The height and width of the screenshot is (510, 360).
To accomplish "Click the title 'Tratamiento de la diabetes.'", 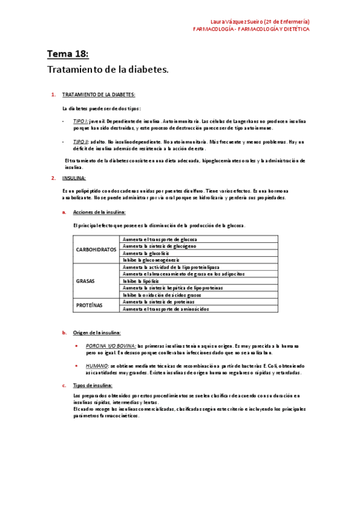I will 108,70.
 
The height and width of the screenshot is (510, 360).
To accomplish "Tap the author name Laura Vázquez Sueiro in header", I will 243,22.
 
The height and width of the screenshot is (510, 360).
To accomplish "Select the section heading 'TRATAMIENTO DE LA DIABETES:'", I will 99,95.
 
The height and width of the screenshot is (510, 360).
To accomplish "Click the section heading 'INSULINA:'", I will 74,178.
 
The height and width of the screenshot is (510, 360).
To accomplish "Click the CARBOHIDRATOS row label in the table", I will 96,250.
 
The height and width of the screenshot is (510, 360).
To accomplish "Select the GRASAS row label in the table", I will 85,281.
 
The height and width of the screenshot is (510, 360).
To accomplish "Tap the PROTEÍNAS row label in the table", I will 89,305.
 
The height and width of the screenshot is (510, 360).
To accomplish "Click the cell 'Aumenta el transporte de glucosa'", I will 159,239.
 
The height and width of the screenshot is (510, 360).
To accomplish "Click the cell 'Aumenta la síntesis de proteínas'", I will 159,302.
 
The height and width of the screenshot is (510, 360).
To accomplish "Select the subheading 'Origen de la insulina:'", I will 97,333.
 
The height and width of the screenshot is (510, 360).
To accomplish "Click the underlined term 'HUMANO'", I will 97,366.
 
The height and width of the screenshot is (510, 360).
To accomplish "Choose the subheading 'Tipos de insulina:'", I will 93,386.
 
